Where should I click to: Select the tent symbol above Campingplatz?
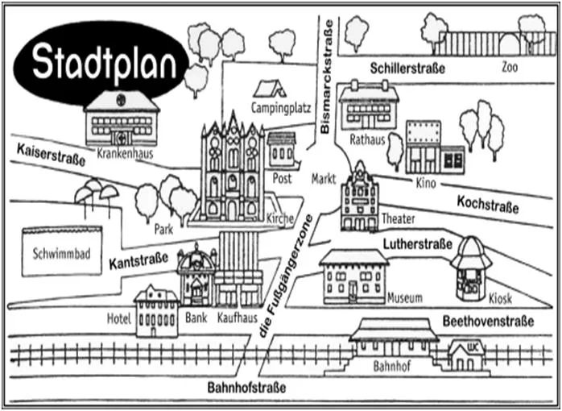[270, 88]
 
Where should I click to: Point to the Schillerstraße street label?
[407, 68]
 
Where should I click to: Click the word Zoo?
[509, 67]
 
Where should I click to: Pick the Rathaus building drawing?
[369, 106]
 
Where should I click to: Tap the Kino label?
[425, 184]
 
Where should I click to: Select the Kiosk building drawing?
[471, 267]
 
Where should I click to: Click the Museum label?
[404, 298]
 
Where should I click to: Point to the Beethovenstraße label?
[488, 322]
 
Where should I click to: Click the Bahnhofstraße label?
[246, 388]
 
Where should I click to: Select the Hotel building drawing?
[156, 310]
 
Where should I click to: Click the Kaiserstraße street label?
[50, 153]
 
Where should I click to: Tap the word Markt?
[324, 179]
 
